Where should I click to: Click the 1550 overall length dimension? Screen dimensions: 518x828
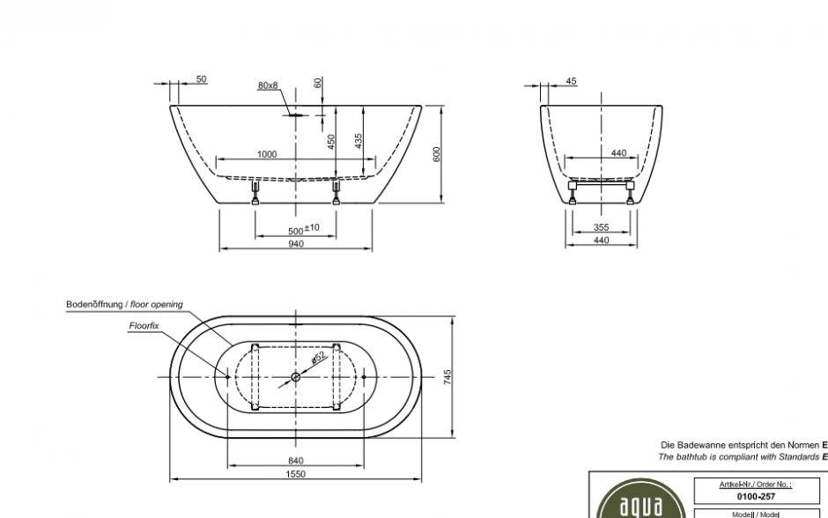[x=295, y=474]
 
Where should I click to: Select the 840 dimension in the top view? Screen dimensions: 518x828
[x=295, y=460]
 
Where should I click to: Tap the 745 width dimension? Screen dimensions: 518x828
[x=447, y=377]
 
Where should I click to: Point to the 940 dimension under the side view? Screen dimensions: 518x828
[x=295, y=244]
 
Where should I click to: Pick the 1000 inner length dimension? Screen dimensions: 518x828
[x=267, y=154]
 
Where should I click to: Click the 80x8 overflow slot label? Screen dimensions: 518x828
[x=268, y=85]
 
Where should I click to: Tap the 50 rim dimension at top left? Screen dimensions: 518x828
[x=201, y=79]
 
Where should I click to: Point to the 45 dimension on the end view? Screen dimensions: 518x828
[x=571, y=81]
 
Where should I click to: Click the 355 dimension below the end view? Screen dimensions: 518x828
[x=601, y=227]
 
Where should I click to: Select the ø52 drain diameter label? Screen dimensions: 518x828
[x=318, y=358]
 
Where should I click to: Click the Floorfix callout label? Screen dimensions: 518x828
[x=144, y=325]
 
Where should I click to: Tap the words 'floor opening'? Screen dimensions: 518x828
[x=156, y=305]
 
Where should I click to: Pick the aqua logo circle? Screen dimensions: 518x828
[x=633, y=505]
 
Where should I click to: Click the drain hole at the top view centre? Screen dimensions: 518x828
[x=295, y=378]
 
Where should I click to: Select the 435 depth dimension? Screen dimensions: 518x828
[x=359, y=141]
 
